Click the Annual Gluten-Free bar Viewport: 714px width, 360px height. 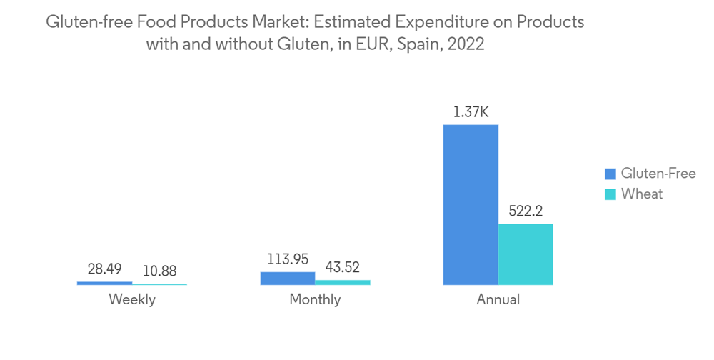pyautogui.click(x=471, y=205)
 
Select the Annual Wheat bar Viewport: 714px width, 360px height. pyautogui.click(x=526, y=254)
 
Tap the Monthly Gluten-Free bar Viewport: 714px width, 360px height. pyautogui.click(x=287, y=279)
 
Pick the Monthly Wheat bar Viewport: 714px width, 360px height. pyautogui.click(x=343, y=282)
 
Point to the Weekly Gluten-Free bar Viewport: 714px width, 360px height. pyautogui.click(x=104, y=283)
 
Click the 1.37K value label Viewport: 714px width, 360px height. pyautogui.click(x=471, y=112)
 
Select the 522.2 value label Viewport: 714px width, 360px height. pyautogui.click(x=526, y=211)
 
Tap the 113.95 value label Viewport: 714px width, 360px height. pyautogui.click(x=288, y=259)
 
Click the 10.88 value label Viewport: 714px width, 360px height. pyautogui.click(x=159, y=271)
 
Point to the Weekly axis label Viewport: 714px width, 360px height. pyautogui.click(x=132, y=300)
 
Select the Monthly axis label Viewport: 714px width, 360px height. pyautogui.click(x=315, y=300)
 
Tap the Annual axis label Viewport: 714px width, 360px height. pyautogui.click(x=498, y=300)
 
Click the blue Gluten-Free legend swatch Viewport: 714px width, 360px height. pyautogui.click(x=610, y=174)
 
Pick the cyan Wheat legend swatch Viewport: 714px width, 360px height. pyautogui.click(x=610, y=194)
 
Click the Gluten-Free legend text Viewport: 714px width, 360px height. pyautogui.click(x=658, y=174)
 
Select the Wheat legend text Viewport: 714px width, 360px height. pyautogui.click(x=641, y=194)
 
